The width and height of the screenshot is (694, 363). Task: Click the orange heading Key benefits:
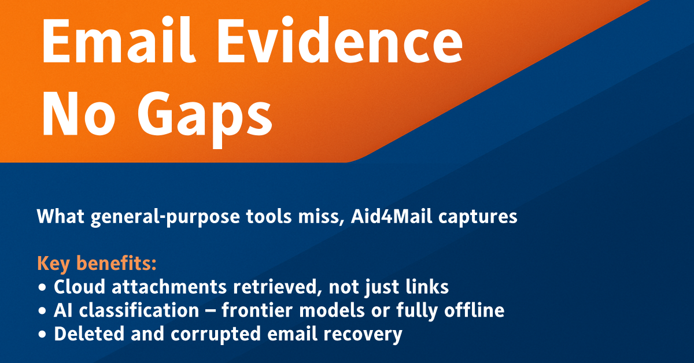(x=97, y=264)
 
